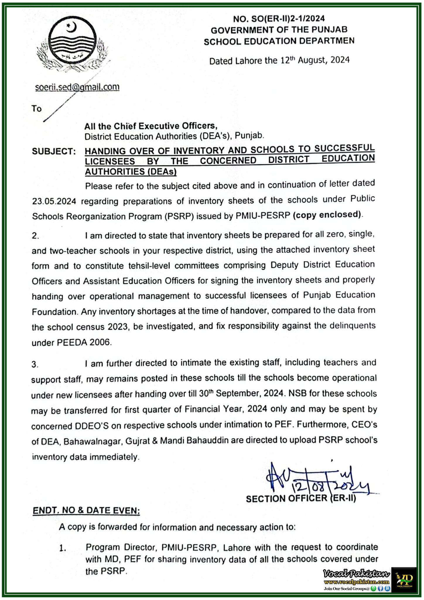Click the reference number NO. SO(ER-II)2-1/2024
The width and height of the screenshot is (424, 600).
(279, 19)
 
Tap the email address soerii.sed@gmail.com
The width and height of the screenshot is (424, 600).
(77, 87)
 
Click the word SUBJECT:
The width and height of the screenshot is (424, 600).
(54, 151)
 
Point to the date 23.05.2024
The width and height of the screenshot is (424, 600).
(54, 202)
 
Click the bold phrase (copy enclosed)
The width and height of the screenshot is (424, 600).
(327, 215)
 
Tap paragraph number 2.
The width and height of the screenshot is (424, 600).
(35, 236)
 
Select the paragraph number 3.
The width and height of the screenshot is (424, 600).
(35, 364)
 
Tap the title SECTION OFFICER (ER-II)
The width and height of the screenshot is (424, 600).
(301, 498)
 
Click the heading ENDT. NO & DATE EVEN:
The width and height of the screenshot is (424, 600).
(86, 510)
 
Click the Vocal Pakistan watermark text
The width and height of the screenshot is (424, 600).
(356, 573)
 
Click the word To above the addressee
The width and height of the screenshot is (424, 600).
(37, 109)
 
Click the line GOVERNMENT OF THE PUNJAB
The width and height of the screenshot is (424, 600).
(279, 30)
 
